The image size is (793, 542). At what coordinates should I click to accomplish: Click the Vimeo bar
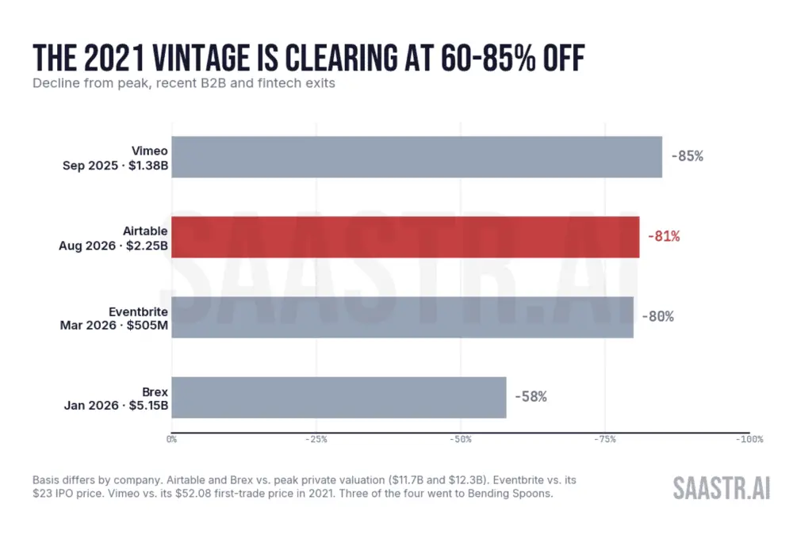coord(417,157)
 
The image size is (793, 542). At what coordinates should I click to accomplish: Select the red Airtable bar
coord(405,237)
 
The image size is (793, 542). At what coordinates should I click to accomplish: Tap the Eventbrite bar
coord(403,317)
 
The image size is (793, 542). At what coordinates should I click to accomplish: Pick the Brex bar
coord(339,398)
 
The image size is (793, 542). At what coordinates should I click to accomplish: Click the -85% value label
coord(688,156)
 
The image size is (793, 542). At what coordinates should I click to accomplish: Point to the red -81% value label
coord(664,236)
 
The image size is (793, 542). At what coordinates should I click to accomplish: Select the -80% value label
coord(657,316)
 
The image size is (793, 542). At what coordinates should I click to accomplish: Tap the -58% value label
coord(531,396)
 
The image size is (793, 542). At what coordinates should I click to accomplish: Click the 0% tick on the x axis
coord(171,440)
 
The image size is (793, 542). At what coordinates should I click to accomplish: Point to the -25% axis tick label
coord(316,440)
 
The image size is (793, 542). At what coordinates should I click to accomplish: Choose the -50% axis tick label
coord(460,440)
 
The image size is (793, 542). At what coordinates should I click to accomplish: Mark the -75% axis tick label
coord(605,440)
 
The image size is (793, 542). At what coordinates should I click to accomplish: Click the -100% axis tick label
coord(749,440)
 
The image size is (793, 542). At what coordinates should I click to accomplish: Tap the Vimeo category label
coord(150,151)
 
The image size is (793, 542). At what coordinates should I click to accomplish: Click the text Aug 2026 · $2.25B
coord(113,246)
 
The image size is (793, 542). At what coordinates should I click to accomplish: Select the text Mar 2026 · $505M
coord(113,326)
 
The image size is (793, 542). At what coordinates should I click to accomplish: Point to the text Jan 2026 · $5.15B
coord(116,406)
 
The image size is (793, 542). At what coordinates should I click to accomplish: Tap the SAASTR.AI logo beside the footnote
coord(722,488)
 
